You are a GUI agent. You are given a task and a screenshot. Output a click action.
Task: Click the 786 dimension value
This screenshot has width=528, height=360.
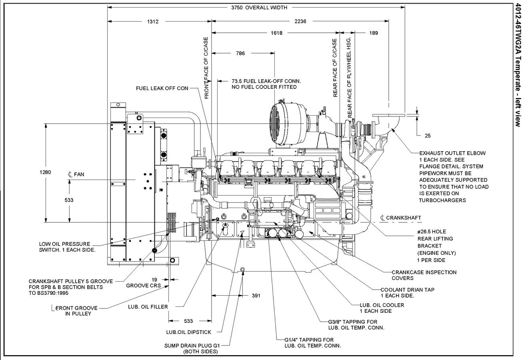point(240,53)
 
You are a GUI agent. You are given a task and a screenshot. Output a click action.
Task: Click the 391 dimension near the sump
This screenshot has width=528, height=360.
point(256,296)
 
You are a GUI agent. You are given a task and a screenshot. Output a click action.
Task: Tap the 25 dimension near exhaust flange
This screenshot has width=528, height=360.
point(428,136)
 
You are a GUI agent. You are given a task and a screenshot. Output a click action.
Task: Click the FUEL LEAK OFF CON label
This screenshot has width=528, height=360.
point(162,88)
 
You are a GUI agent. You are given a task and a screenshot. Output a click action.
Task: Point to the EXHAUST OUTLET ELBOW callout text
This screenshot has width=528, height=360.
point(452,153)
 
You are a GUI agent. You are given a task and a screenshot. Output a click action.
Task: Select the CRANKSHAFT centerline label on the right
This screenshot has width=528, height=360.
point(401,218)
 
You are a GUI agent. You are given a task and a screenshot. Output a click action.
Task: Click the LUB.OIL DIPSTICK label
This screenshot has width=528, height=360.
point(188,332)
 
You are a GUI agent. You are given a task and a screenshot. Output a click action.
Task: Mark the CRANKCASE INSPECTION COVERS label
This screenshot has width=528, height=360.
point(424,275)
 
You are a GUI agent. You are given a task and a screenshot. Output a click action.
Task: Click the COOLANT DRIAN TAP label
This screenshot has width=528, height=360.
point(407,292)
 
